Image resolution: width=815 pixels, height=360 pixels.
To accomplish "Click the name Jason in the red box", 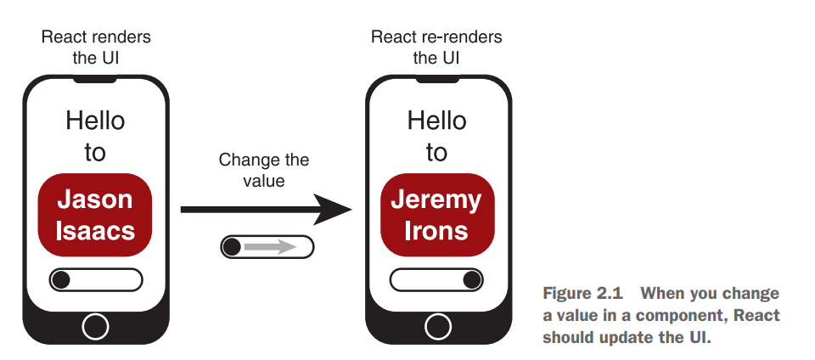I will (x=95, y=200).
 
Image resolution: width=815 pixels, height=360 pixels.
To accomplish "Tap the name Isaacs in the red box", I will (x=95, y=231).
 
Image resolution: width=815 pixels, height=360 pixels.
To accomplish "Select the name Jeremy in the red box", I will (x=436, y=200).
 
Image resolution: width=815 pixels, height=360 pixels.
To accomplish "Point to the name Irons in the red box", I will (x=436, y=231).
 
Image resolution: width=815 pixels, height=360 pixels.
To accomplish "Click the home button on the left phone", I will (x=96, y=324).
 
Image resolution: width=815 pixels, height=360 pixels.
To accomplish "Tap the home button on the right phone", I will (x=437, y=324).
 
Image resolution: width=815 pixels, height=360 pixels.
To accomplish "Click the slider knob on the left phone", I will (x=62, y=278).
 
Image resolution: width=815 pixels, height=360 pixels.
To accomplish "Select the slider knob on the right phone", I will (x=471, y=278).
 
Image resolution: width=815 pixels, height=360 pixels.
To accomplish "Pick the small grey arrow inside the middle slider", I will (x=270, y=247).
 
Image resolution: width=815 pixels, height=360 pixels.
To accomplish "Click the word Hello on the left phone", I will (x=95, y=121).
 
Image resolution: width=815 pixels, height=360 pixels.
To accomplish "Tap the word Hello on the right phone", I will (x=436, y=121).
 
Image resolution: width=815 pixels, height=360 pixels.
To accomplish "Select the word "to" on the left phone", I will (x=95, y=153).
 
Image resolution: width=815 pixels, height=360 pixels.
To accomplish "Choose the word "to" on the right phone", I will (x=436, y=153).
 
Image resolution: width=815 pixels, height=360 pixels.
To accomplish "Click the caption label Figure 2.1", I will (x=582, y=294).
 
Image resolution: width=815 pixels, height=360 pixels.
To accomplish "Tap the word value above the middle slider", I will (x=263, y=180).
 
